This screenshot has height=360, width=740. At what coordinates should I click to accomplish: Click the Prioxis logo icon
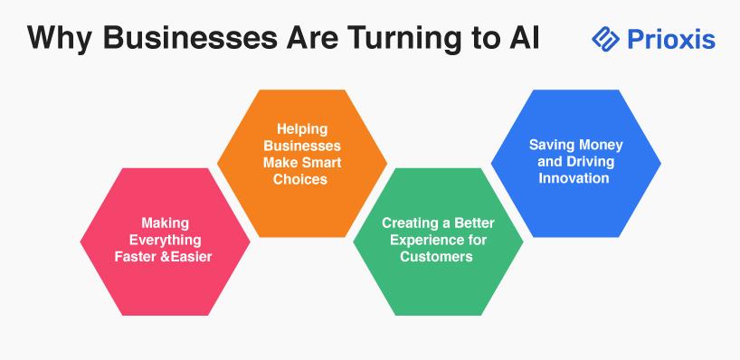click(605, 39)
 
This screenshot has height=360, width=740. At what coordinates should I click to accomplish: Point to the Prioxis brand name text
click(671, 39)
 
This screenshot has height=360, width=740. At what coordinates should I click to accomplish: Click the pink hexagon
click(166, 242)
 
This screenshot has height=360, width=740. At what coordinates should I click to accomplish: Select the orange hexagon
click(302, 163)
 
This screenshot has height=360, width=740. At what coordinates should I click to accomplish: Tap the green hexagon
click(438, 242)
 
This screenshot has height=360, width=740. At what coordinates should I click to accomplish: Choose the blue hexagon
click(575, 163)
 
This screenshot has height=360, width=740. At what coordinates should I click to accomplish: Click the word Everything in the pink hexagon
click(166, 241)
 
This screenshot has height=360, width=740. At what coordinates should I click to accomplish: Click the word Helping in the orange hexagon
click(302, 128)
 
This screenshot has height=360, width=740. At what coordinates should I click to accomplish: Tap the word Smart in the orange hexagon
click(321, 163)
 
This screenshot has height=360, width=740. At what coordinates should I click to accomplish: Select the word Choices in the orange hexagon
click(300, 179)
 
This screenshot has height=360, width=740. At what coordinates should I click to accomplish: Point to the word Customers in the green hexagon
click(437, 257)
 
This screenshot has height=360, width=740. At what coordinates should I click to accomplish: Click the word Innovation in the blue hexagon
click(574, 178)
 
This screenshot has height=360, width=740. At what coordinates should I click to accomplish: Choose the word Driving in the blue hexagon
click(590, 162)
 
